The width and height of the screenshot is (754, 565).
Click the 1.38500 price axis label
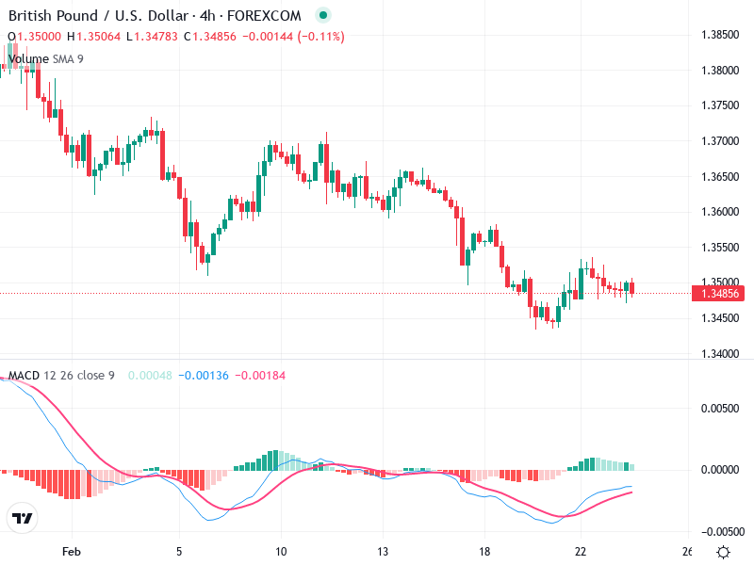click(720, 35)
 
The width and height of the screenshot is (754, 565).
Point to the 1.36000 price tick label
click(720, 212)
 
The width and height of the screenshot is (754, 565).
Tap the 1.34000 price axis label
click(720, 354)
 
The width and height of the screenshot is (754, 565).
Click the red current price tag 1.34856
click(719, 294)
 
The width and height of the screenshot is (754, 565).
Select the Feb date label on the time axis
click(72, 551)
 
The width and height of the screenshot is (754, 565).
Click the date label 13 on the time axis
click(382, 551)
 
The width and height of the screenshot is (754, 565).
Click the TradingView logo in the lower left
click(23, 518)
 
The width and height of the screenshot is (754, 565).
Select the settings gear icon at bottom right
click(723, 552)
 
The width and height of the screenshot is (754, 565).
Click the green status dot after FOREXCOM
click(323, 16)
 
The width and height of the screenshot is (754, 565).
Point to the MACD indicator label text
click(24, 376)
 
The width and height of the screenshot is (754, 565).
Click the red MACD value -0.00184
click(259, 376)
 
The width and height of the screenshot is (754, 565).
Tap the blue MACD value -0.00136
click(205, 376)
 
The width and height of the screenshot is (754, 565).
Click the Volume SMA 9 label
click(45, 59)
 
